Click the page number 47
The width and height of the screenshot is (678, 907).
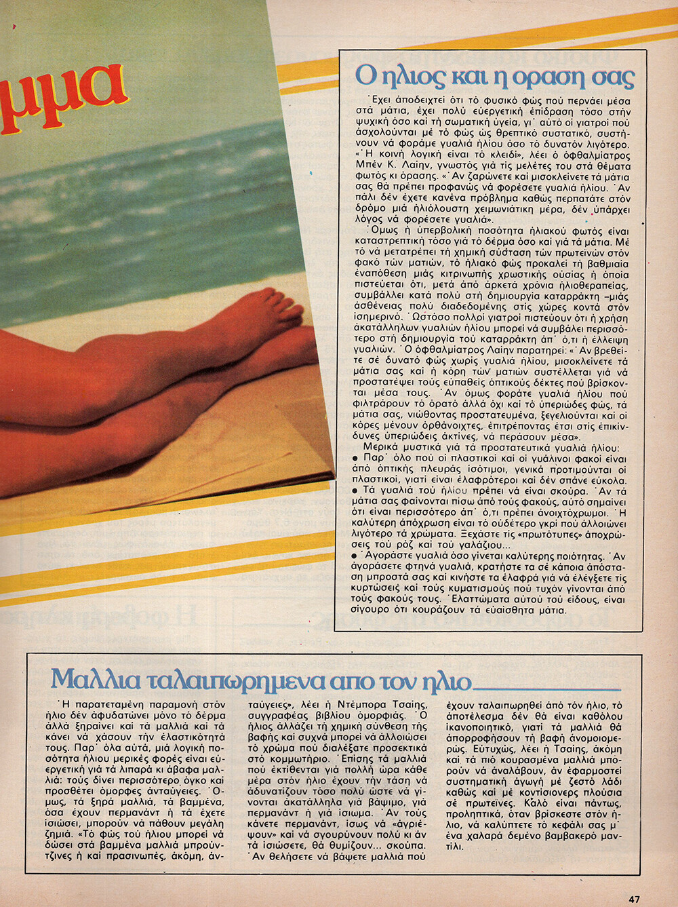tap(634, 899)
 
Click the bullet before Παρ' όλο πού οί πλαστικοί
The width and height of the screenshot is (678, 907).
tap(355, 459)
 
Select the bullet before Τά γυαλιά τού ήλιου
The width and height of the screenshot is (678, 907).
tap(355, 490)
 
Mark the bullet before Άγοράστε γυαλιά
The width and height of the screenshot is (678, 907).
tap(355, 556)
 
